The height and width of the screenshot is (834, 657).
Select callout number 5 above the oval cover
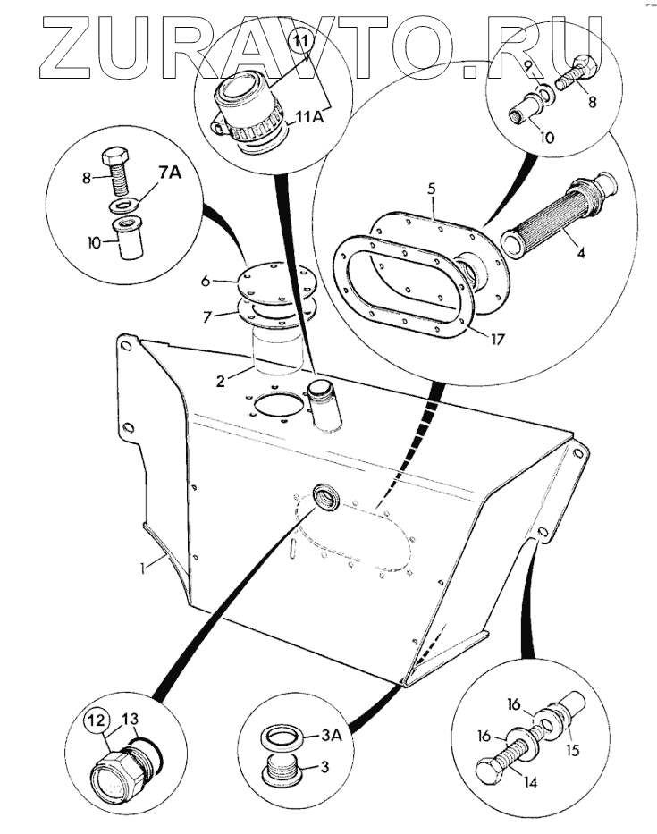click(431, 190)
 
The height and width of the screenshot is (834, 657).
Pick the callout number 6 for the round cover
click(205, 280)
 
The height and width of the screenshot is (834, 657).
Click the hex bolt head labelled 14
click(489, 771)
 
